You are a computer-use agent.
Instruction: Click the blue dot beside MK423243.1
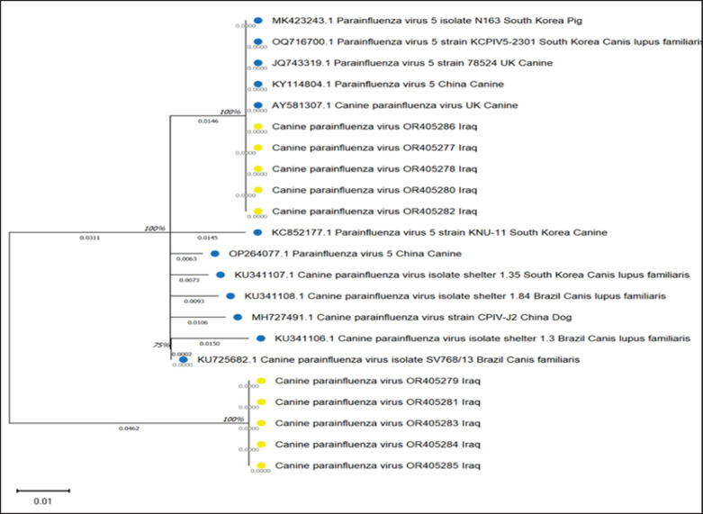pos(258,20)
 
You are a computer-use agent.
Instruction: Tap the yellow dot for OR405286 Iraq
pos(258,127)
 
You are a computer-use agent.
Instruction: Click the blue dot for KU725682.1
pos(184,360)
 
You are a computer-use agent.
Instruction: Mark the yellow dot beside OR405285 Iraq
pos(260,465)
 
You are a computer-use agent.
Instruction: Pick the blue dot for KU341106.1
pos(260,339)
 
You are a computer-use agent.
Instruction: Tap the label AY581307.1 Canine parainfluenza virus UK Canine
pos(394,105)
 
